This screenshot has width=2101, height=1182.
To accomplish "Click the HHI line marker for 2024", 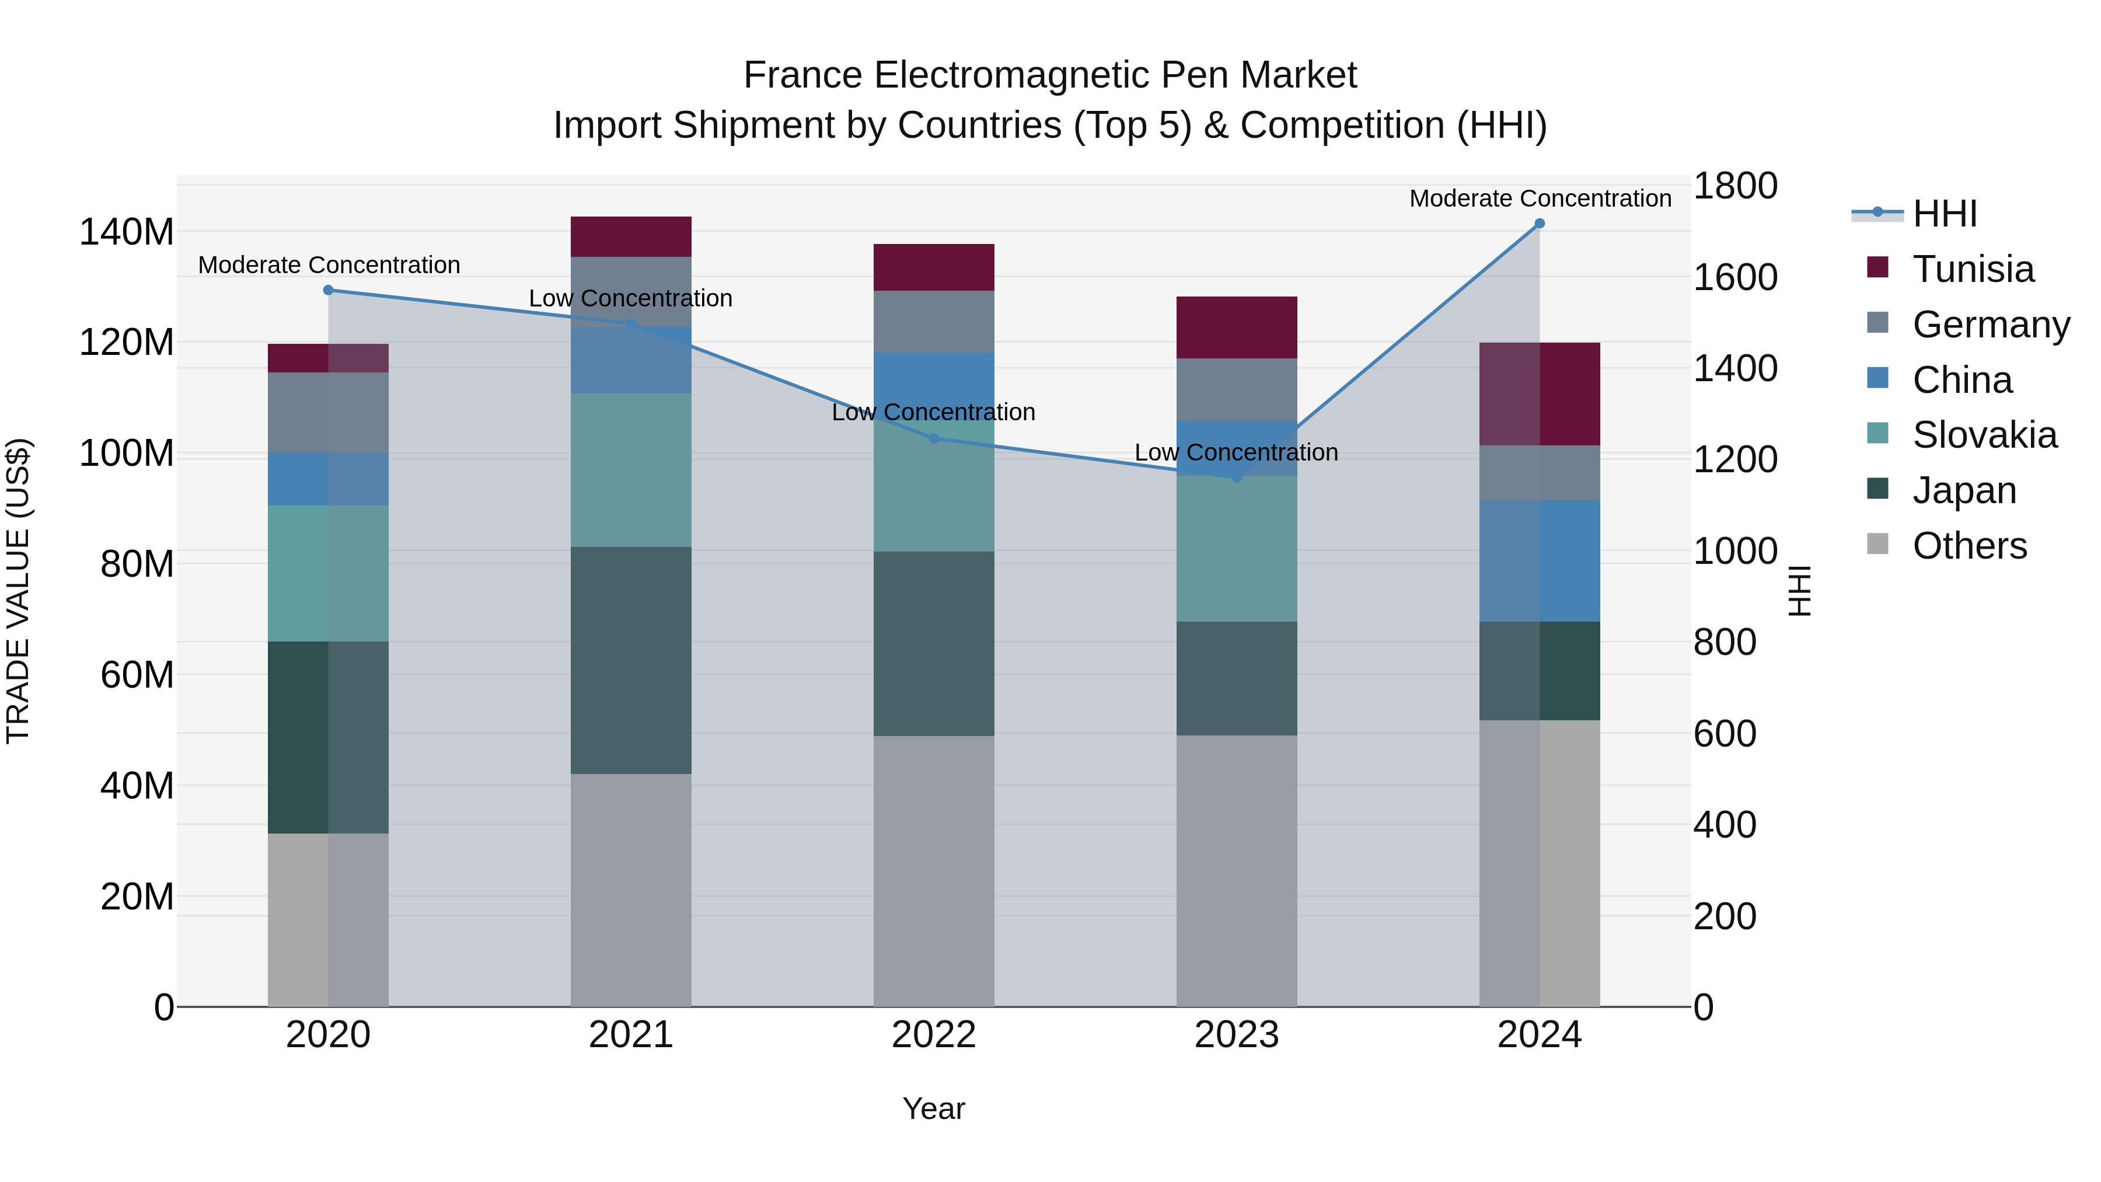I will (1539, 224).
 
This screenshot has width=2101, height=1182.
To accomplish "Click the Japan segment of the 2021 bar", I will (630, 661).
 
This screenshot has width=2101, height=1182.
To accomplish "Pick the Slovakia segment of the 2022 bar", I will (934, 490).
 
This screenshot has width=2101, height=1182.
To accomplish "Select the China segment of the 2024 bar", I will (1539, 561).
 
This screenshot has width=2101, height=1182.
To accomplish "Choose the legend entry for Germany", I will (1990, 325).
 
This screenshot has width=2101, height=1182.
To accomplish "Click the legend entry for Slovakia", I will (1984, 435).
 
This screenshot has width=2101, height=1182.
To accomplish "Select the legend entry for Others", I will (1969, 546).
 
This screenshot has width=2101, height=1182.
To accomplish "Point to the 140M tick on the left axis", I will (127, 232).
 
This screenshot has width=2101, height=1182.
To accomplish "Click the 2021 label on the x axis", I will (630, 1035).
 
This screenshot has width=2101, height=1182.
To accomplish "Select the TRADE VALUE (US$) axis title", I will (18, 591).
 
